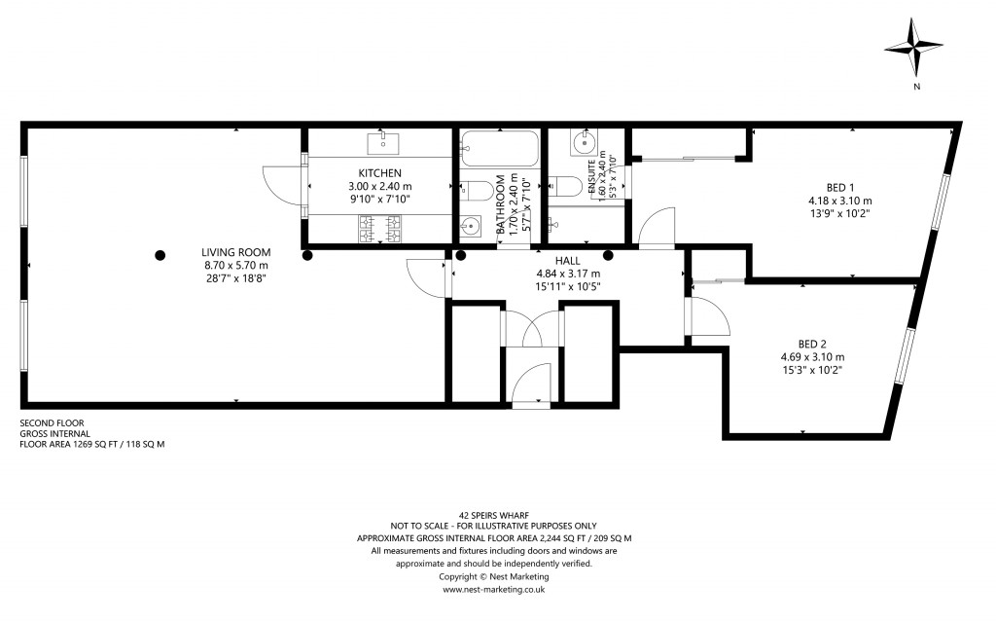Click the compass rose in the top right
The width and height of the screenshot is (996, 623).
pos(915,49)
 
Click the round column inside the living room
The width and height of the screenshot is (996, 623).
pos(160,255)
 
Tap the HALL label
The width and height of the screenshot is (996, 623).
pos(568,261)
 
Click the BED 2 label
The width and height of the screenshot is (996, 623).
pos(812,343)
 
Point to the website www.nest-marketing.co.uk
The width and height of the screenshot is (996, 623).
pos(494,589)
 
